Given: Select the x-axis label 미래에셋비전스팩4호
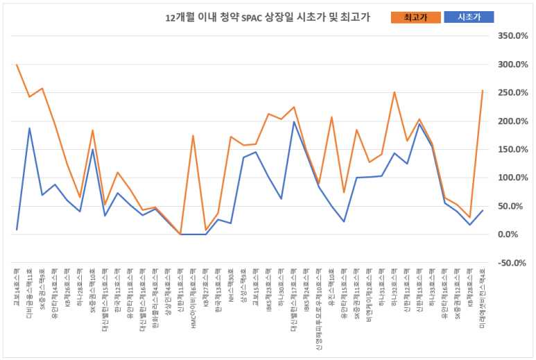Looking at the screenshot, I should [x=482, y=295].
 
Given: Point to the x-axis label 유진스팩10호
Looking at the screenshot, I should [x=331, y=286].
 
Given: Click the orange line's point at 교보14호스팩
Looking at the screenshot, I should [x=17, y=65].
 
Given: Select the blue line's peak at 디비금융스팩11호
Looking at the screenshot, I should [x=29, y=128].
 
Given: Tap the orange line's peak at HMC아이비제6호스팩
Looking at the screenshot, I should [x=193, y=135].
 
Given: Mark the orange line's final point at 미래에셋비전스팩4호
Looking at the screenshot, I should [x=482, y=90].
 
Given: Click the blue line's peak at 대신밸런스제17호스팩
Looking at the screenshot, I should [x=294, y=122].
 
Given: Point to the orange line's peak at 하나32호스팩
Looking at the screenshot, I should [x=394, y=92].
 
